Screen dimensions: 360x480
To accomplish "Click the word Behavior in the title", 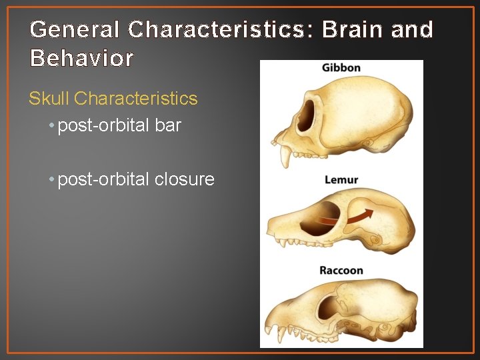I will click(x=82, y=59).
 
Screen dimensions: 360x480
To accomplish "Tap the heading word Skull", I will click(x=49, y=99).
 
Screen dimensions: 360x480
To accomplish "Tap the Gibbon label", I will click(x=341, y=68).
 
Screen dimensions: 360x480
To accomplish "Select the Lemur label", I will click(x=341, y=180).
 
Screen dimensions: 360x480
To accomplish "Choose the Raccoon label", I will click(x=341, y=271).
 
